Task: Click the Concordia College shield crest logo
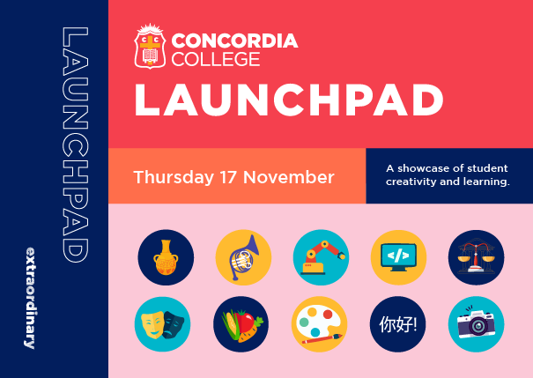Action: tap(150, 47)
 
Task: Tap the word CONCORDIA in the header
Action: tap(235, 41)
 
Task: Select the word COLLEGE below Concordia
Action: tap(216, 60)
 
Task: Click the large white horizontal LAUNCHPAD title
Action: tap(289, 100)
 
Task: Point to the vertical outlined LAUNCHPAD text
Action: tap(76, 145)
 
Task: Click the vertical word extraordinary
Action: tap(30, 298)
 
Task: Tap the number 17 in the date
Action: tap(228, 177)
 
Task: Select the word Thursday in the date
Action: tap(174, 177)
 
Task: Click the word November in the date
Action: tap(289, 177)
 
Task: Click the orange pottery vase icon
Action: tap(166, 257)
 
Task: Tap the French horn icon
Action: tap(243, 257)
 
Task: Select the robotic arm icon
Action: tap(321, 257)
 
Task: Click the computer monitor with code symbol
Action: tap(398, 257)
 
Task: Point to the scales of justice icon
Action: tap(477, 257)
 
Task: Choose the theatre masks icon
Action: tap(162, 324)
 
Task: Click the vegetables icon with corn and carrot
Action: tap(241, 324)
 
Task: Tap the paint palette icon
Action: tap(319, 324)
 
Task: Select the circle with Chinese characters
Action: tap(397, 324)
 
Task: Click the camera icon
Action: tap(477, 324)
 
